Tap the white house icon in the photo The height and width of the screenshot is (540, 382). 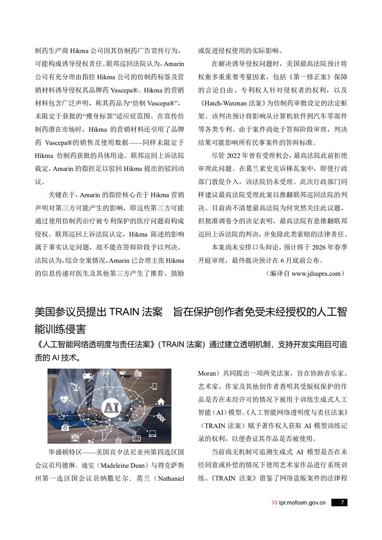click(161, 402)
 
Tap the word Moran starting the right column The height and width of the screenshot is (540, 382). click(208, 373)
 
